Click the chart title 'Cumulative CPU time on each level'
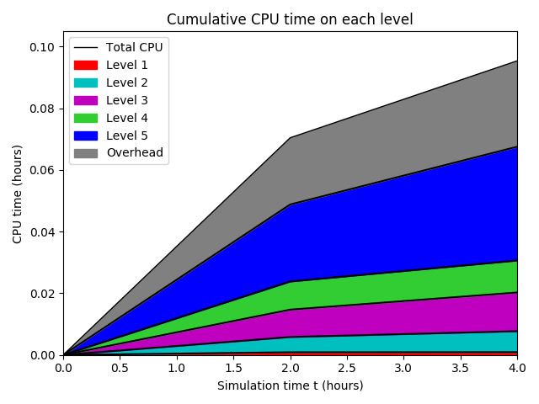(290, 19)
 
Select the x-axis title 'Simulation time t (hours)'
(290, 385)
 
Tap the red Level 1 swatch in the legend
(86, 65)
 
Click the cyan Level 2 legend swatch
(86, 82)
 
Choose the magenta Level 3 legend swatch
(86, 100)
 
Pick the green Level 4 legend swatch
(86, 118)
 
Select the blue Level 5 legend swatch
(86, 136)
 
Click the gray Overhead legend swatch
(86, 153)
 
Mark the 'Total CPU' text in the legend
(134, 47)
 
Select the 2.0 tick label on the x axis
(290, 368)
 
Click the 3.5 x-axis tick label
(460, 368)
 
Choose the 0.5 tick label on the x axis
(120, 368)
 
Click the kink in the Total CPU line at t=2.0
(290, 138)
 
